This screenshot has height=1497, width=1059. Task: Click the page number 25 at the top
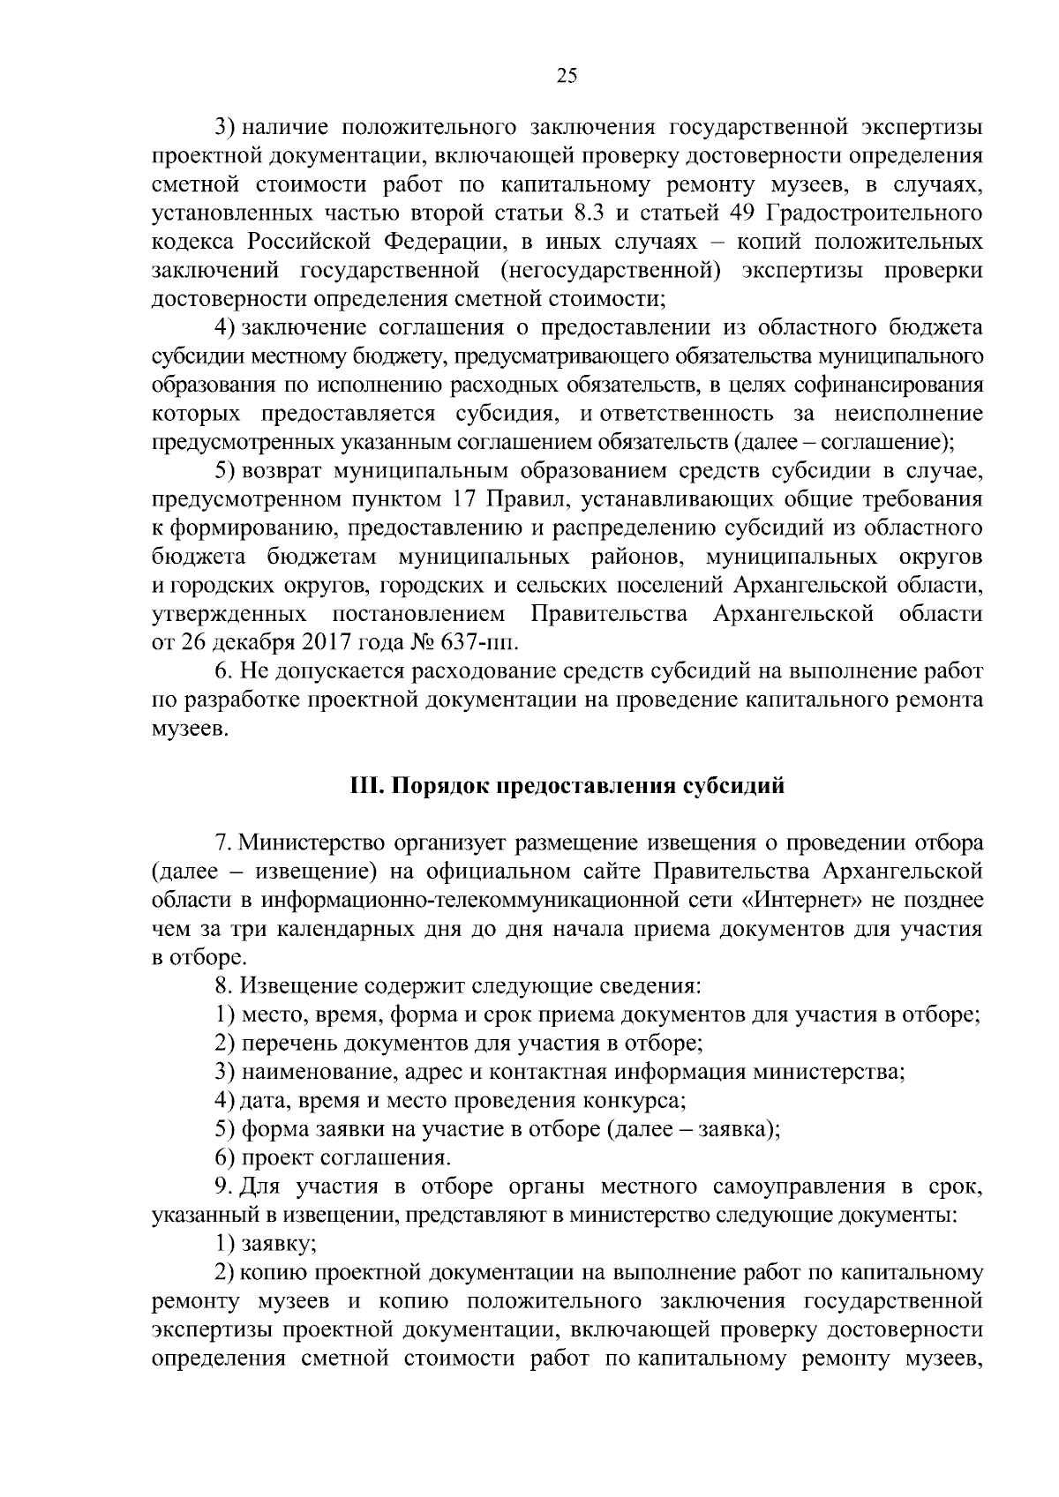point(567,76)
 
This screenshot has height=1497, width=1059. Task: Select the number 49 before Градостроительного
point(742,213)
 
